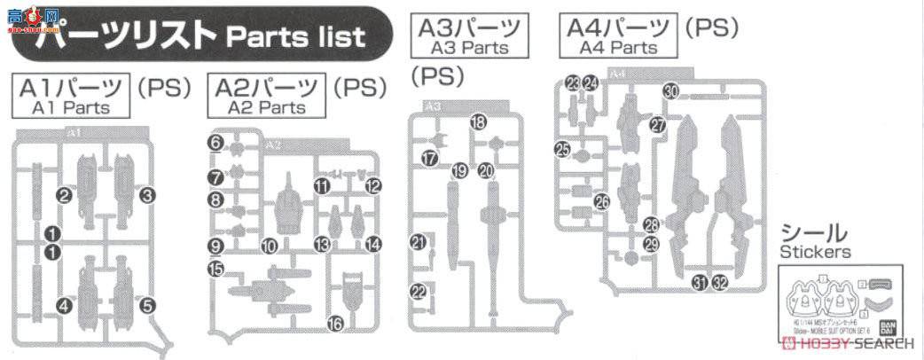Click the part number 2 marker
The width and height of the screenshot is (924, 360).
(64, 195)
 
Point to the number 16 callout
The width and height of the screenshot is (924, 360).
(334, 325)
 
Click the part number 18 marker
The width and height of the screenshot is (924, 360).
(478, 123)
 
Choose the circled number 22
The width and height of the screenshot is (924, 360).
(419, 292)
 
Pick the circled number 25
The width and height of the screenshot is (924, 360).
(563, 150)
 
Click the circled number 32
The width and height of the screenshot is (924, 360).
(719, 283)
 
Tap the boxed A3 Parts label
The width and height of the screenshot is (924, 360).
(469, 34)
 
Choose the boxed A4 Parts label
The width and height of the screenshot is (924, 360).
(620, 34)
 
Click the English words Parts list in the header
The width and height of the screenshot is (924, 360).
(295, 37)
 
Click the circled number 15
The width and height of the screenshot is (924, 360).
(215, 268)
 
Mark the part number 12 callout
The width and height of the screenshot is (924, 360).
(373, 186)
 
